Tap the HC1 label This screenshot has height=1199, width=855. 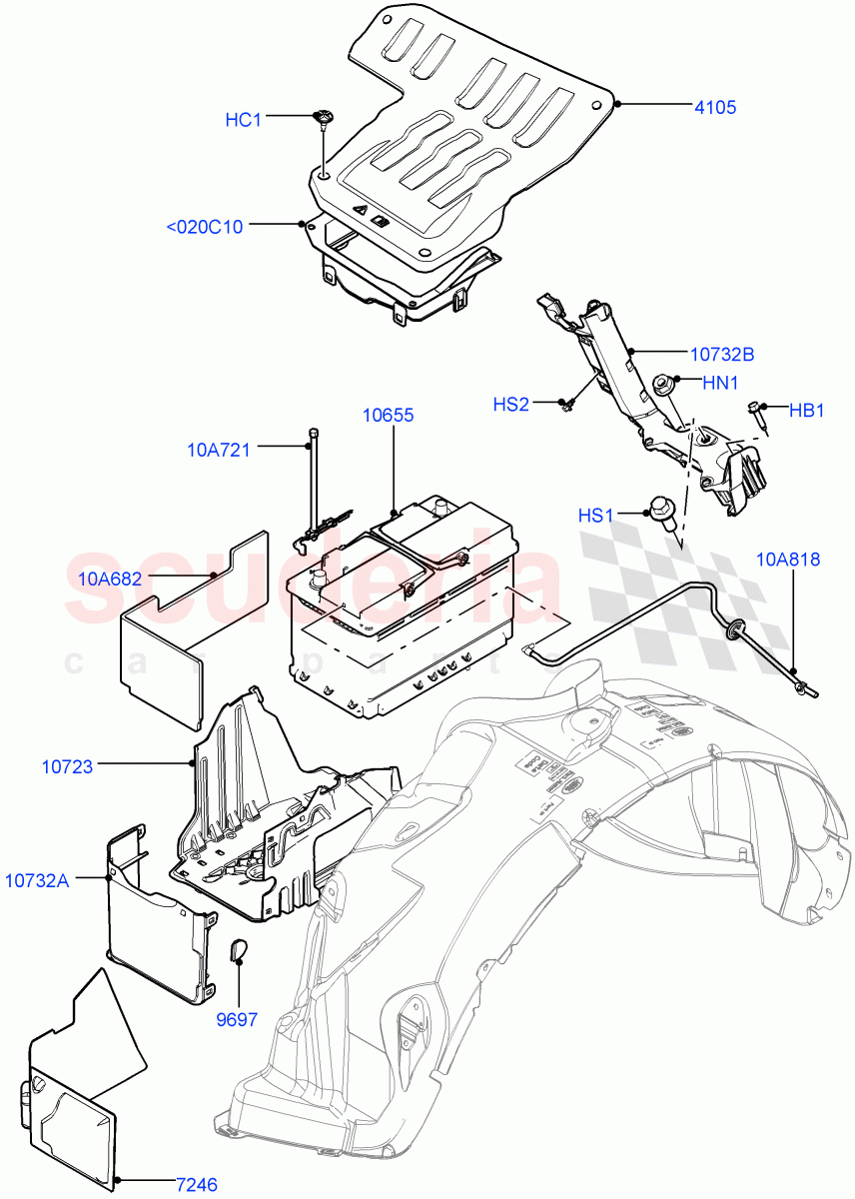tap(243, 120)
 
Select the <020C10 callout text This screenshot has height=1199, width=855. tap(204, 227)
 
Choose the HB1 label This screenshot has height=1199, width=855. tap(807, 410)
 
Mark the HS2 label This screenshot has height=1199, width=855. tap(510, 405)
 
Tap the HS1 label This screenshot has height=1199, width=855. tap(595, 516)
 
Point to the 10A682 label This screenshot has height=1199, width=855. tap(110, 579)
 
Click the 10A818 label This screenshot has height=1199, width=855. tap(788, 560)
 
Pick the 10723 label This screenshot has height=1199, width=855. tap(67, 766)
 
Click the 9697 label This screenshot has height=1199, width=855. tap(237, 1020)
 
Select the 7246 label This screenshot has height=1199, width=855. tap(196, 1185)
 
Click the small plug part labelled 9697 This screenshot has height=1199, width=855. tap(240, 949)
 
